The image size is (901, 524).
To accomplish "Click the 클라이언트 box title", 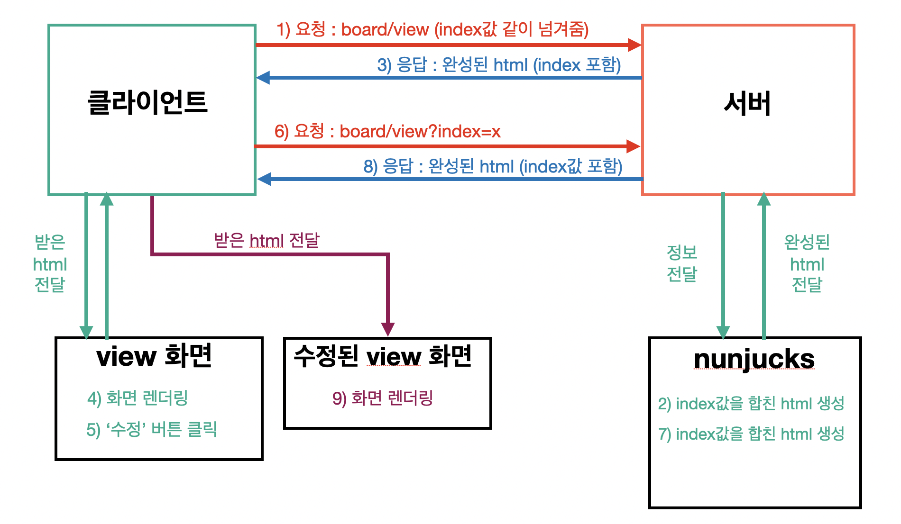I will (147, 102).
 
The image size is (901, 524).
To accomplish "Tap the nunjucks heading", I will (754, 359).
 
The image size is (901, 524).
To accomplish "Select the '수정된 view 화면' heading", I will (383, 356).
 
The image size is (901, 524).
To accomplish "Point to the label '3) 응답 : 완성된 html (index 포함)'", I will (499, 64).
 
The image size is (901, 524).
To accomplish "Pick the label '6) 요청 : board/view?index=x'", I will (387, 131).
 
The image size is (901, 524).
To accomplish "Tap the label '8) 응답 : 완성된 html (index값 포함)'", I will (493, 166).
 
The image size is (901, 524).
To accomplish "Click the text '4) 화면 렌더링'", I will (138, 398).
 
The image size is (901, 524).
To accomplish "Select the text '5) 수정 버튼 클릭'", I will (152, 429).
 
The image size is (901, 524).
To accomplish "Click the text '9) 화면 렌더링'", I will (383, 398).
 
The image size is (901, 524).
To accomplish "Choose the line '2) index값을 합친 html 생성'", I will (751, 404).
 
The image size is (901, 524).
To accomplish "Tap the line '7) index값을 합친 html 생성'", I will (751, 434).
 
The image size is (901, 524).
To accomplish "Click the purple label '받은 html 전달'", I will (267, 241).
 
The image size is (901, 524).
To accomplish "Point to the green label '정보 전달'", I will (681, 263).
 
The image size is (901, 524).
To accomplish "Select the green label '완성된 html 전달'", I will (807, 263).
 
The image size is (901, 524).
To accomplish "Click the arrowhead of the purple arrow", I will (388, 329).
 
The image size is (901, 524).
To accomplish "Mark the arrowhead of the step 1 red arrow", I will (634, 45).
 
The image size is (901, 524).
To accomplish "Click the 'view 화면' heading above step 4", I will (154, 356).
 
